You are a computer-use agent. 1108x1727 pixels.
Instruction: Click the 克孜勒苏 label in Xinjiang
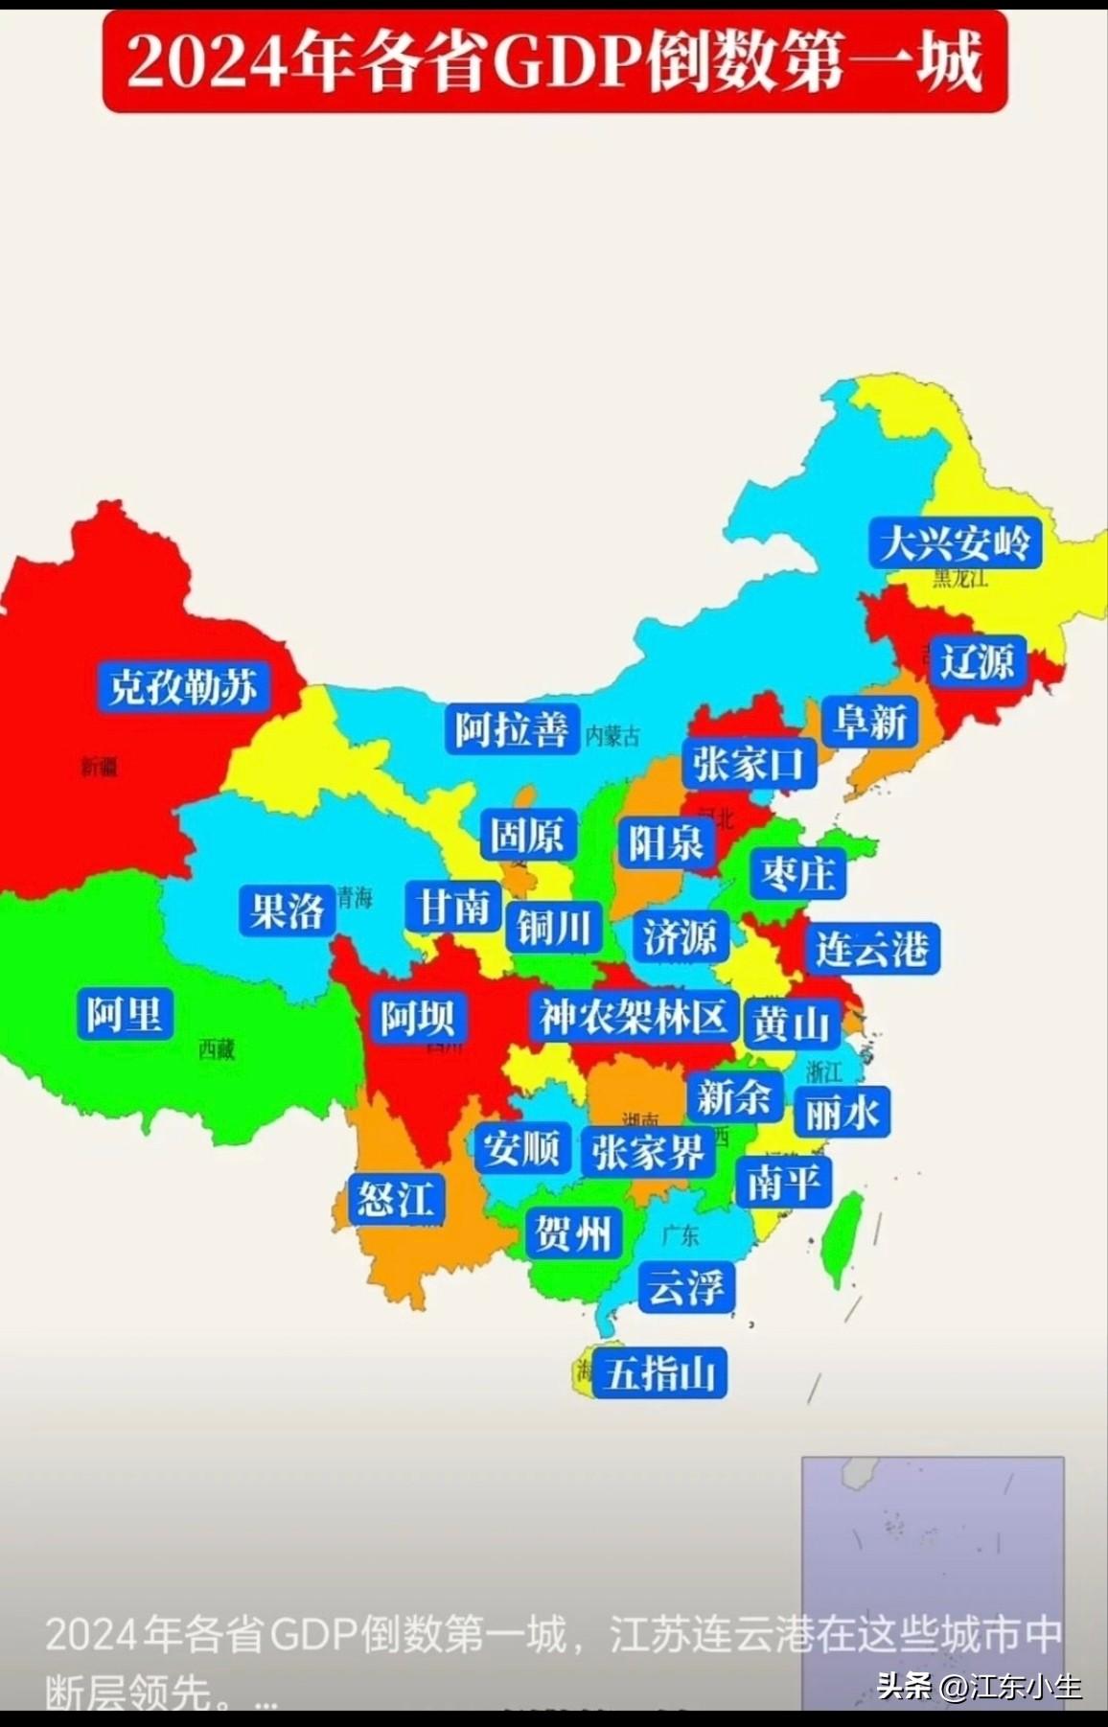pyautogui.click(x=183, y=686)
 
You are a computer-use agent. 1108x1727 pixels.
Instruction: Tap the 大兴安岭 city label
pyautogui.click(x=955, y=543)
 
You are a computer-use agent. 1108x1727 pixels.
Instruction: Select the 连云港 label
pyautogui.click(x=871, y=949)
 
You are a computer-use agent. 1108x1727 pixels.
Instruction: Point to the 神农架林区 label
pyautogui.click(x=633, y=1016)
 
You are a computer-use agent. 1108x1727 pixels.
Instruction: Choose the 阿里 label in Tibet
pyautogui.click(x=125, y=1014)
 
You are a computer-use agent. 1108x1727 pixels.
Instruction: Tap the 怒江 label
pyautogui.click(x=396, y=1199)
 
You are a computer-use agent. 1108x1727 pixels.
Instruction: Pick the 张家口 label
pyautogui.click(x=749, y=764)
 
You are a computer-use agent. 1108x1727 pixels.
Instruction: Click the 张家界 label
pyautogui.click(x=647, y=1151)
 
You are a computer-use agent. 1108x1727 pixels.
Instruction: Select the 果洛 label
pyautogui.click(x=287, y=910)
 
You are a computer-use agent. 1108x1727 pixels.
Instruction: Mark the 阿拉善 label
pyautogui.click(x=512, y=729)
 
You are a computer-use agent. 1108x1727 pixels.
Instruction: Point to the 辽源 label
pyautogui.click(x=977, y=661)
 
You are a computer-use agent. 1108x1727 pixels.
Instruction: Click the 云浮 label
pyautogui.click(x=686, y=1286)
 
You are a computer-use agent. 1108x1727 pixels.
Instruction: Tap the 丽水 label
pyautogui.click(x=842, y=1113)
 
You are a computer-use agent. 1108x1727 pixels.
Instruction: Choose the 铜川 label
pyautogui.click(x=553, y=928)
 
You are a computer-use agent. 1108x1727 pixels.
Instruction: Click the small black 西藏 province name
pyautogui.click(x=217, y=1049)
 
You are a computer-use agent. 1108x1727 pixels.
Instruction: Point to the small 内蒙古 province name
pyautogui.click(x=612, y=736)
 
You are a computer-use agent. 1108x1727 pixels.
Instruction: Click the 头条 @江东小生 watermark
pyautogui.click(x=979, y=1686)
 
